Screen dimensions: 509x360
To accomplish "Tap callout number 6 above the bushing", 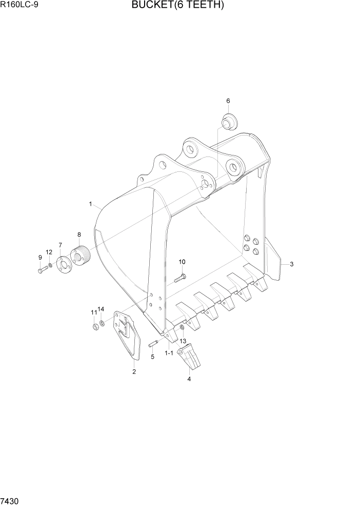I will [228, 101].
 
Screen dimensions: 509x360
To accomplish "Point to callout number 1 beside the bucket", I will [90, 204].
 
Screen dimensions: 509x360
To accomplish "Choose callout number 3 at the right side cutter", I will [291, 264].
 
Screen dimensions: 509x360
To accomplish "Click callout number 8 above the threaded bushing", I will [79, 234].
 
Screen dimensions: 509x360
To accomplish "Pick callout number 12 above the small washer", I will [49, 252].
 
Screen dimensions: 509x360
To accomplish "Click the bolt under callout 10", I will [179, 279].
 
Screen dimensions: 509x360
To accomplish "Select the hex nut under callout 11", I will [95, 327].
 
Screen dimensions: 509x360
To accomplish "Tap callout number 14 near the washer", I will [101, 309].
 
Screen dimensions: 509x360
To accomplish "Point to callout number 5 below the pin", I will [152, 357].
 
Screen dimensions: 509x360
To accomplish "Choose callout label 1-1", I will [168, 354].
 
